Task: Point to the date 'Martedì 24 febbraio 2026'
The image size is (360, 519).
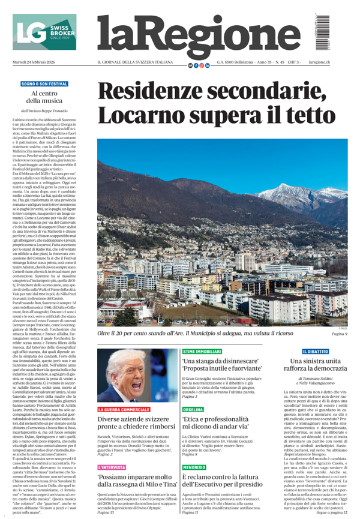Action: click(34, 63)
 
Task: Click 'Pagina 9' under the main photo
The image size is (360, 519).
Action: click(339, 334)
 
